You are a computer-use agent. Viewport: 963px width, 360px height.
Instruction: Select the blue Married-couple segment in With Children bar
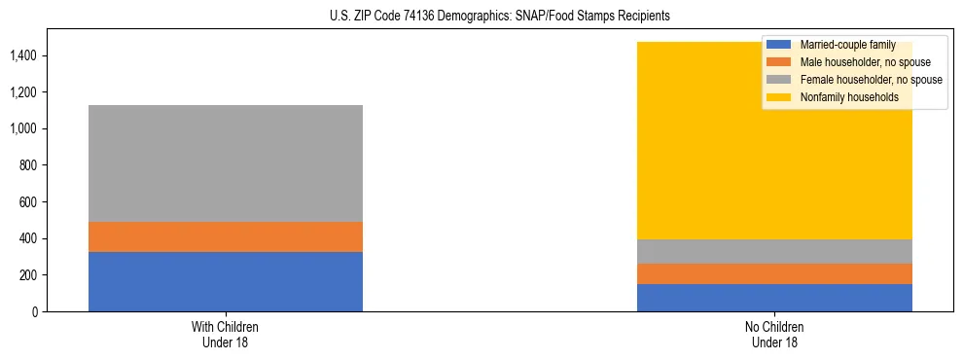[226, 281]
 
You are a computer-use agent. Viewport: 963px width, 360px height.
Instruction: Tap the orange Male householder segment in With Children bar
[226, 236]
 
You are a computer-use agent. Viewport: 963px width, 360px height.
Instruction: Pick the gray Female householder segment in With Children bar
[226, 163]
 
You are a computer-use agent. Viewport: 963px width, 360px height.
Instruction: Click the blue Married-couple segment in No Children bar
[774, 298]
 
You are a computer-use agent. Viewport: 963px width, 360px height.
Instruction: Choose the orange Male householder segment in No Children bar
[774, 273]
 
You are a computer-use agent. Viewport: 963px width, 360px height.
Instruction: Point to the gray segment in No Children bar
[774, 251]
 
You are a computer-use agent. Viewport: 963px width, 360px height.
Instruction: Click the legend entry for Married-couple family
[847, 45]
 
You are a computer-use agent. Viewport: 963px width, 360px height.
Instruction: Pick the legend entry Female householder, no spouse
[872, 80]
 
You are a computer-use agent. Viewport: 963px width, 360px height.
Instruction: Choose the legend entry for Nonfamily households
[849, 97]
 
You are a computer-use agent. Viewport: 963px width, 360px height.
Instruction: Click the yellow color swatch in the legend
[779, 97]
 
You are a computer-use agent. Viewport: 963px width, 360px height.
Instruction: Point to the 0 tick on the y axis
[35, 311]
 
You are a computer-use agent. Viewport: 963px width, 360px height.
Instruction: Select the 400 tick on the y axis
[29, 238]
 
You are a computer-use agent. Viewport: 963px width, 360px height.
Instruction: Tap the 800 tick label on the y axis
[29, 165]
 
